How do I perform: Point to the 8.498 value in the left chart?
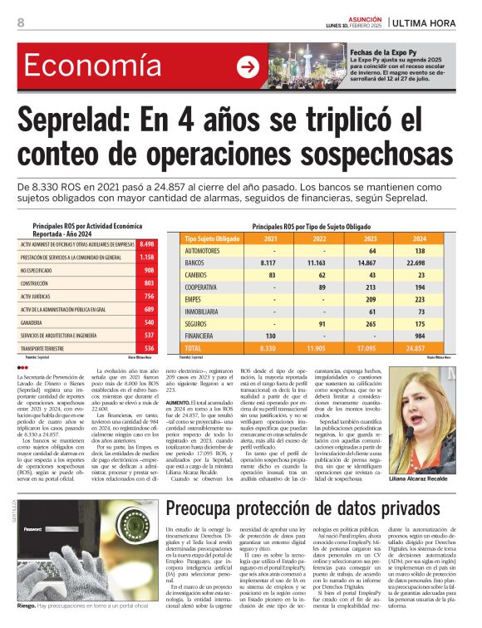[148, 244]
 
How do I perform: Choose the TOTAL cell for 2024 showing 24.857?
[420, 348]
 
